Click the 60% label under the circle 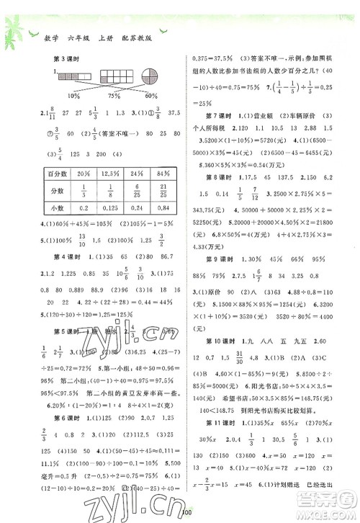pos(150,96)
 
